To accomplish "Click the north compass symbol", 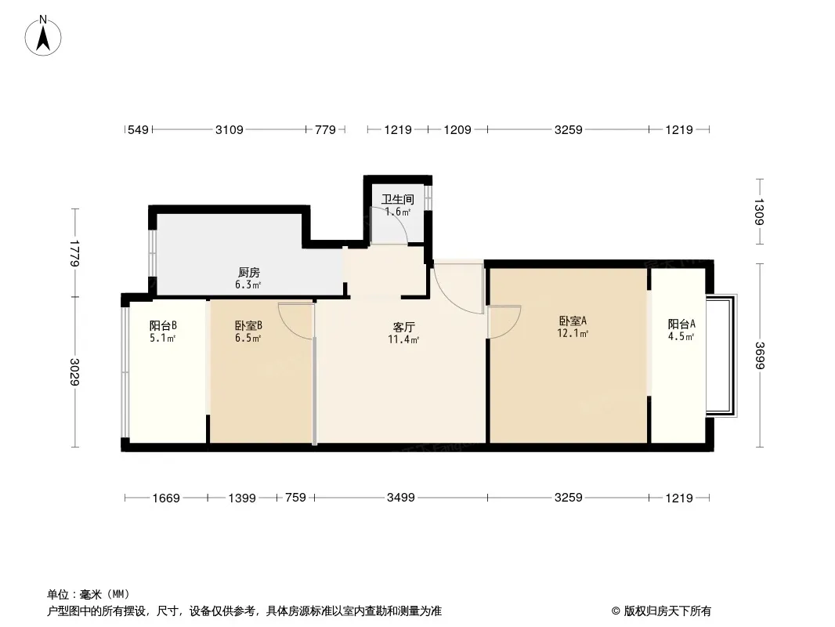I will tap(44, 35).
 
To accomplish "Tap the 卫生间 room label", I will tap(397, 199).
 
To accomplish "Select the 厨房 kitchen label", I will tap(248, 273).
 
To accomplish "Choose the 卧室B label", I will tap(248, 325).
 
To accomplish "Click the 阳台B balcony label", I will tap(162, 325).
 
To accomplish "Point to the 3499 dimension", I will tap(400, 498).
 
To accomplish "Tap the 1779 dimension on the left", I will tap(74, 254).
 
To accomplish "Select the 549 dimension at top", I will tap(138, 130).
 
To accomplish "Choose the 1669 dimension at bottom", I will tap(166, 498).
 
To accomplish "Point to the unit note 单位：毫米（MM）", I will tap(88, 594).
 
